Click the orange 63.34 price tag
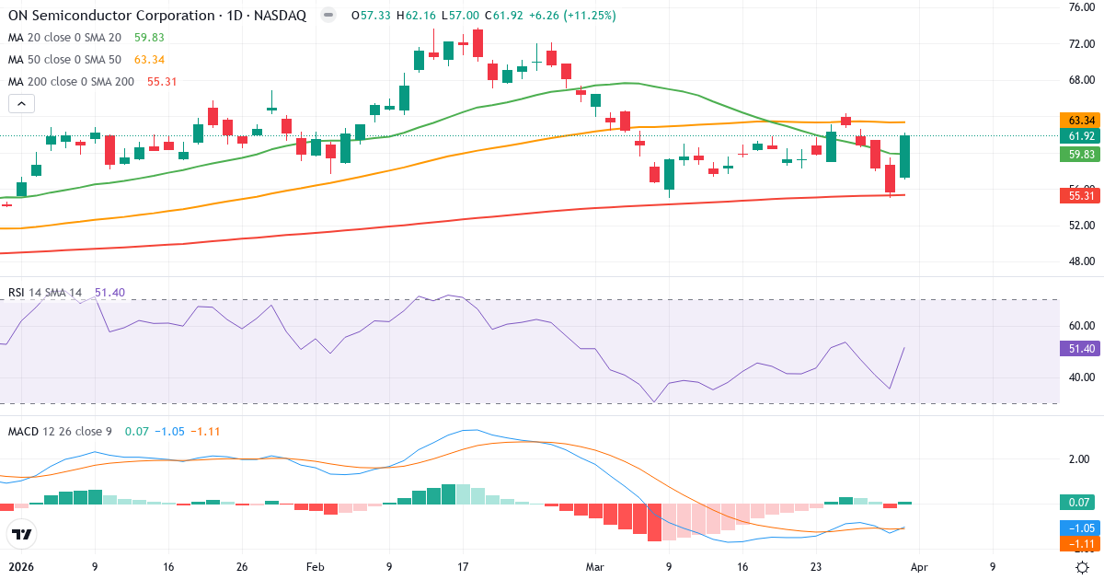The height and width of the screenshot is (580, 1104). (x=1082, y=121)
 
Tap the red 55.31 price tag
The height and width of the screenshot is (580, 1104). (x=1082, y=195)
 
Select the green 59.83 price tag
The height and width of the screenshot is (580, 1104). (x=1082, y=154)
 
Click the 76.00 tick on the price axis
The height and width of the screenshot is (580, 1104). (x=1081, y=7)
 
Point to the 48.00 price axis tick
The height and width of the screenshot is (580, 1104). (x=1081, y=261)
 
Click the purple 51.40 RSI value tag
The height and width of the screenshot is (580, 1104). (x=1082, y=348)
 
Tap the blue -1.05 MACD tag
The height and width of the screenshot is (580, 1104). (x=1082, y=528)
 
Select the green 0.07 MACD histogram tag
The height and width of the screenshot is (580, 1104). (x=1082, y=502)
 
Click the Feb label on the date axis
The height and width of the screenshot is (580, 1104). (x=316, y=567)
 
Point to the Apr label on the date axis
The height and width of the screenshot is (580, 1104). (x=920, y=567)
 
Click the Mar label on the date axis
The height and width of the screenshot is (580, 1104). (x=595, y=567)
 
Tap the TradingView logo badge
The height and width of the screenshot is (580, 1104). (x=21, y=533)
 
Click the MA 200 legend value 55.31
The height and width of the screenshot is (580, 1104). (x=161, y=81)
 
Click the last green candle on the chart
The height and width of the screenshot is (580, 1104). (x=905, y=157)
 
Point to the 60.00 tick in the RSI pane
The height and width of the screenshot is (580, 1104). (x=1081, y=325)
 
